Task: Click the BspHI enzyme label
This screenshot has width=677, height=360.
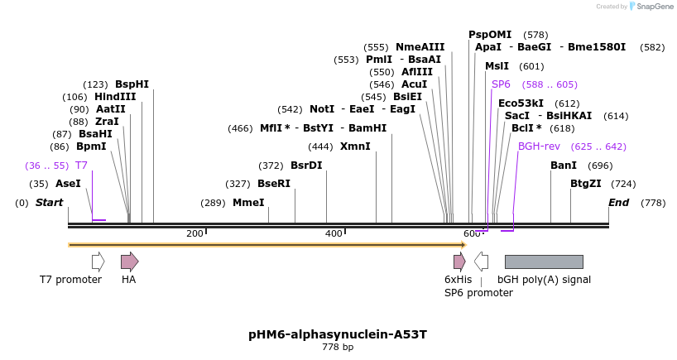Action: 132,84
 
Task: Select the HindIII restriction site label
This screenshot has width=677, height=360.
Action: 115,97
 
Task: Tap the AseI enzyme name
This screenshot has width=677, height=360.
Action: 68,184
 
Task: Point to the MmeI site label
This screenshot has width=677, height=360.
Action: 248,203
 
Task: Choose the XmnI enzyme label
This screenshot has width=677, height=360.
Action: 355,146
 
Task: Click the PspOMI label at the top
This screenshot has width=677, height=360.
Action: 490,35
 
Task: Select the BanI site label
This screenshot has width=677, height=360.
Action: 564,166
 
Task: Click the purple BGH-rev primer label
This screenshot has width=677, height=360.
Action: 539,146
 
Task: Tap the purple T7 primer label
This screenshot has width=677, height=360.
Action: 81,166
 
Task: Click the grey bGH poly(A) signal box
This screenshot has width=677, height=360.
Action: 544,262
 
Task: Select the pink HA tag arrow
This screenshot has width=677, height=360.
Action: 129,262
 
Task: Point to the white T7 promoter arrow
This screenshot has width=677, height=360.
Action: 98,262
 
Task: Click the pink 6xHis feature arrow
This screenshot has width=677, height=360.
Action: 459,262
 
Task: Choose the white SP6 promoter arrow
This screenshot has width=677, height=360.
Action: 481,262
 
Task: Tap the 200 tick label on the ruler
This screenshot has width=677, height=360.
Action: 194,234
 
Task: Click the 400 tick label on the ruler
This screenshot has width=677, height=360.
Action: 334,234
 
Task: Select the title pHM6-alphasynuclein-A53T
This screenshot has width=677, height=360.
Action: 338,334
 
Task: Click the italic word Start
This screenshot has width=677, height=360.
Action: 49,203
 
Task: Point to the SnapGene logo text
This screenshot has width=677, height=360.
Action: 655,7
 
